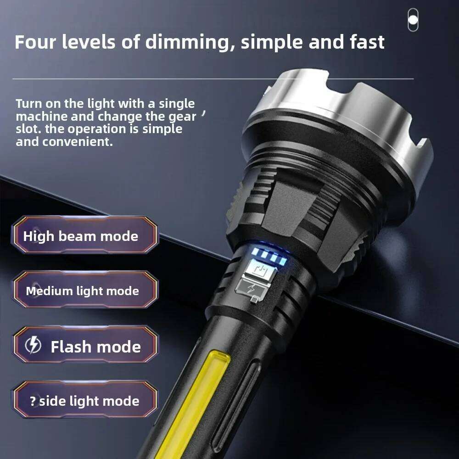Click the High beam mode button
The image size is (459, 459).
(85, 236)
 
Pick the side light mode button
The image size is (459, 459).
(85, 401)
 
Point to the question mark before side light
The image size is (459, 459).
(33, 401)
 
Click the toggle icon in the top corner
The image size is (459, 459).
(413, 20)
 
